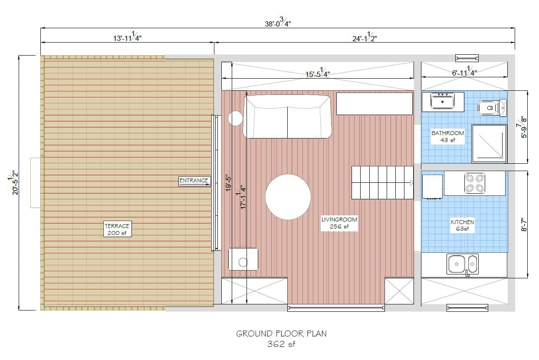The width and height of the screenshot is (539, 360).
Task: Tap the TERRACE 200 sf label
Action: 117,229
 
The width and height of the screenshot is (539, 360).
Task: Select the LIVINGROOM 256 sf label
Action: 339,223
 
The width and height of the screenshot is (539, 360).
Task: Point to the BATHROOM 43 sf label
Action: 447,136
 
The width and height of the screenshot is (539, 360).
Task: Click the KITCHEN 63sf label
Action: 462,225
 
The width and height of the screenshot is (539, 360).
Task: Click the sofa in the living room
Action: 287,116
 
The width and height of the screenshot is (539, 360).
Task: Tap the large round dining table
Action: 288,197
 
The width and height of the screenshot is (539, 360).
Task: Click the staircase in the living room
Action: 382,182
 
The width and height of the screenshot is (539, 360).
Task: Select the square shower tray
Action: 489,143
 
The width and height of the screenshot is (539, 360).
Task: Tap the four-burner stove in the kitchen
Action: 475,183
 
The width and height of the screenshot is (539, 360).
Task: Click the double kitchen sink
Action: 463,264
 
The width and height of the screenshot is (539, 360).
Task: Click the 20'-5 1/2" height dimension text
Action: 13,182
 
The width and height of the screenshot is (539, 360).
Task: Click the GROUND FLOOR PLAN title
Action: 281,334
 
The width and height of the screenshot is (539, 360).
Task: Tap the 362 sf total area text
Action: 282,344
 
